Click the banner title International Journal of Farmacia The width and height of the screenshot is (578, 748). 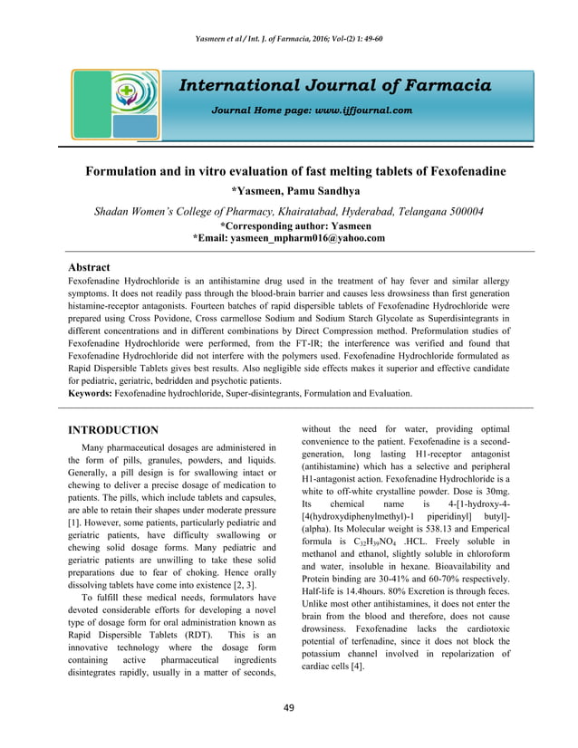pyautogui.click(x=335, y=86)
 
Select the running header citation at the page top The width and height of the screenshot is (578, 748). pyautogui.click(x=289, y=39)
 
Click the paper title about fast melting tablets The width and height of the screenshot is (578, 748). pyautogui.click(x=289, y=171)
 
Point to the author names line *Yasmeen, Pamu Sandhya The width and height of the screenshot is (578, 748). pyautogui.click(x=289, y=191)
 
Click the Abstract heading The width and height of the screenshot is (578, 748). pyautogui.click(x=90, y=268)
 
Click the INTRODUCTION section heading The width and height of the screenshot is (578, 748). pyautogui.click(x=114, y=429)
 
